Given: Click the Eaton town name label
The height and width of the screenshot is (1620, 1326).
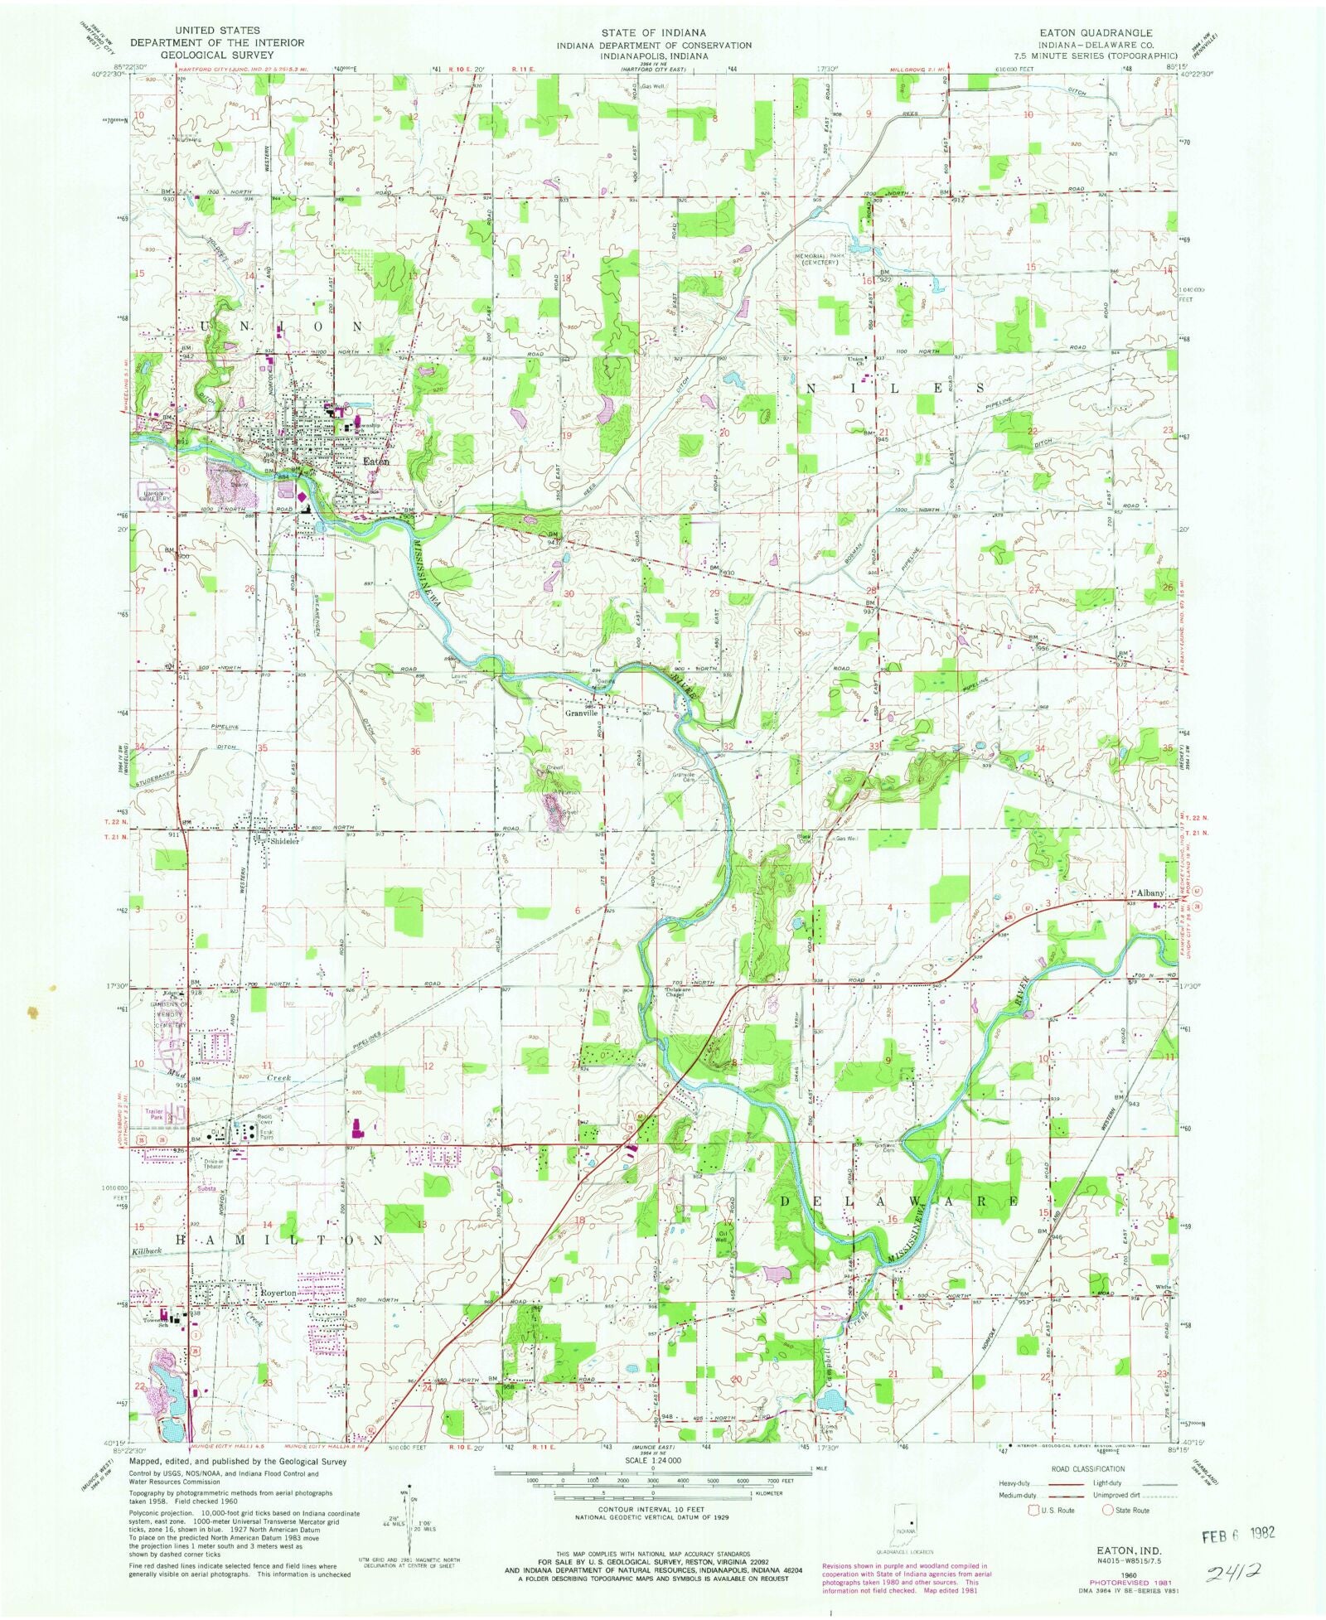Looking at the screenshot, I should tap(375, 462).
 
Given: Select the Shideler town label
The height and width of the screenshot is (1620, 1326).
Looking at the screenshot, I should tap(284, 840).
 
